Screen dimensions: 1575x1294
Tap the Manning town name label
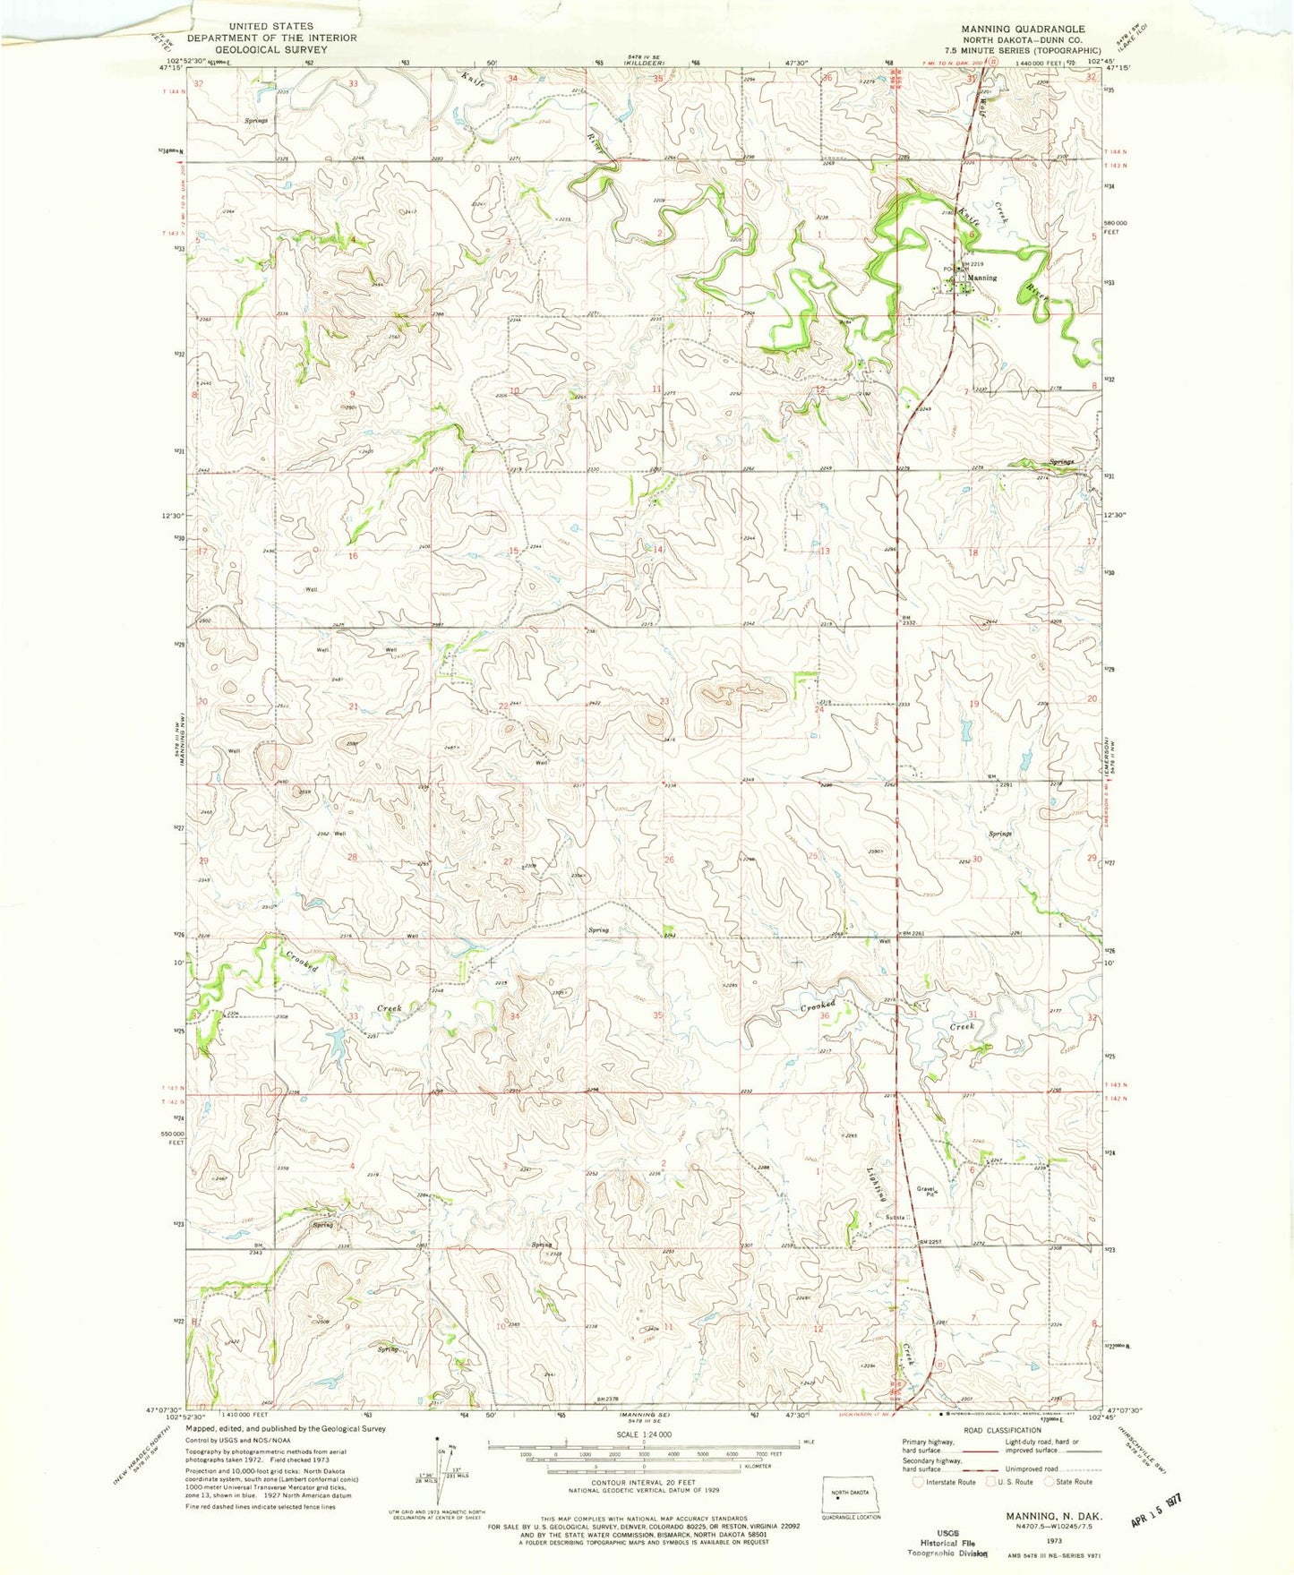(x=981, y=278)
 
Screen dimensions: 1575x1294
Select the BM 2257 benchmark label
(x=932, y=1242)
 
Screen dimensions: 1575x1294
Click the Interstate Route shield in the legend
(x=917, y=1482)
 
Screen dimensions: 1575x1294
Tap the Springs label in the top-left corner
(x=256, y=120)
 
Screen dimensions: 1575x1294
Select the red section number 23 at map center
(x=664, y=701)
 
